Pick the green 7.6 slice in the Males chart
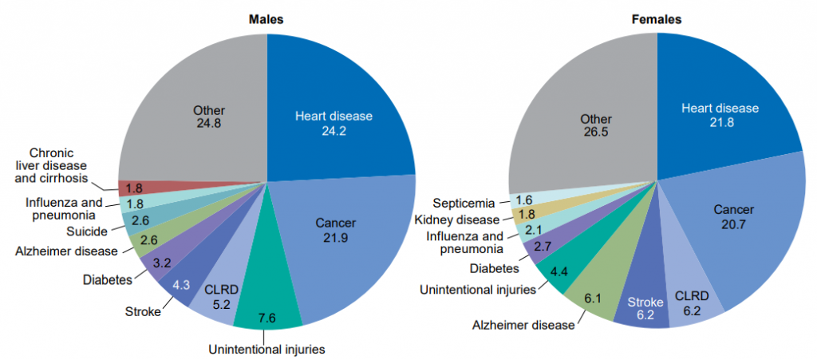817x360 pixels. (268, 307)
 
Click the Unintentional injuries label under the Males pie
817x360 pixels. (267, 349)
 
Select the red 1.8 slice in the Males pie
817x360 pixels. (134, 188)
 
